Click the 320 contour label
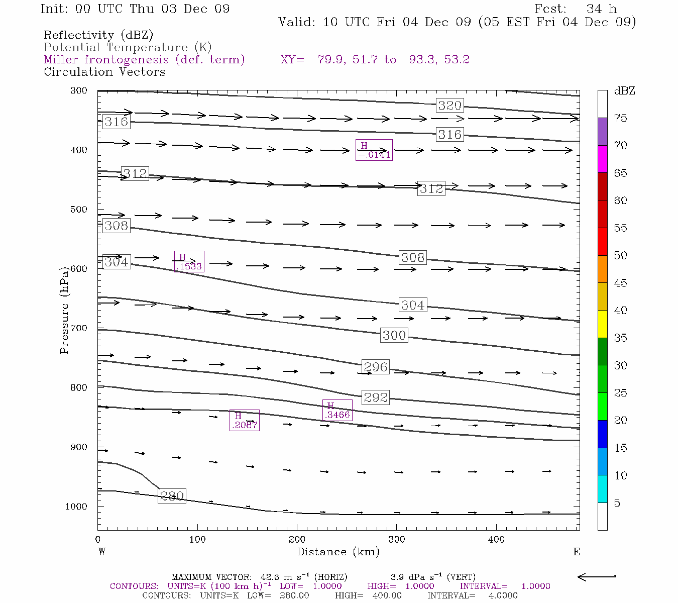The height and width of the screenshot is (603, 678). tap(449, 106)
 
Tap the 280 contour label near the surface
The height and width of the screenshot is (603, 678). tap(172, 496)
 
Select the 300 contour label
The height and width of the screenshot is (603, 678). tap(394, 335)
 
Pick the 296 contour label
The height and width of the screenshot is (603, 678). tap(375, 367)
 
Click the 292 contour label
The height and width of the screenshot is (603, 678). tap(375, 397)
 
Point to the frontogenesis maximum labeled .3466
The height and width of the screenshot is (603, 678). tap(337, 411)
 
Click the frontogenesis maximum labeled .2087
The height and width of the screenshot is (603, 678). tap(245, 421)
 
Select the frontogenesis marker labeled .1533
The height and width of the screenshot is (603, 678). tap(189, 262)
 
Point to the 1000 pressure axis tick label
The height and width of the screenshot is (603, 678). tap(76, 507)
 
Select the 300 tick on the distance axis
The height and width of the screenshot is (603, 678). tap(397, 539)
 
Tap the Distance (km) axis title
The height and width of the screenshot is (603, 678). tap(338, 552)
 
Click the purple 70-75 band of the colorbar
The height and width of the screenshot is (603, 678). tap(602, 132)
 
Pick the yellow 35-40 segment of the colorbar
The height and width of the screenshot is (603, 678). tap(602, 324)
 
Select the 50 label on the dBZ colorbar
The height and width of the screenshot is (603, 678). tap(620, 256)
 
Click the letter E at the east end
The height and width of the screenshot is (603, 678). tap(577, 552)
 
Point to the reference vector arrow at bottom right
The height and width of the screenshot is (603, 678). tap(597, 577)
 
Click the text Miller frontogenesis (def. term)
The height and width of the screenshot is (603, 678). tap(144, 60)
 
